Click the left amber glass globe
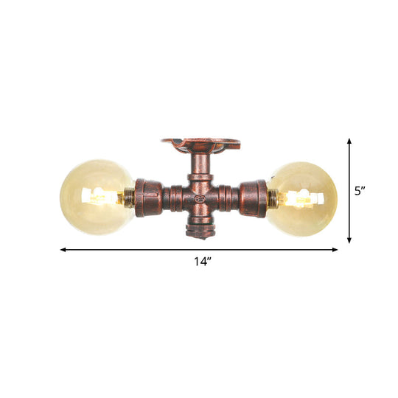92,197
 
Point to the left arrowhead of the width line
63,250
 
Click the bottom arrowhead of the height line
349,241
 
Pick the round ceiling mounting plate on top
200,141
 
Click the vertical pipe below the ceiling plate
200,168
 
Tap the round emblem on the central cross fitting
200,198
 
